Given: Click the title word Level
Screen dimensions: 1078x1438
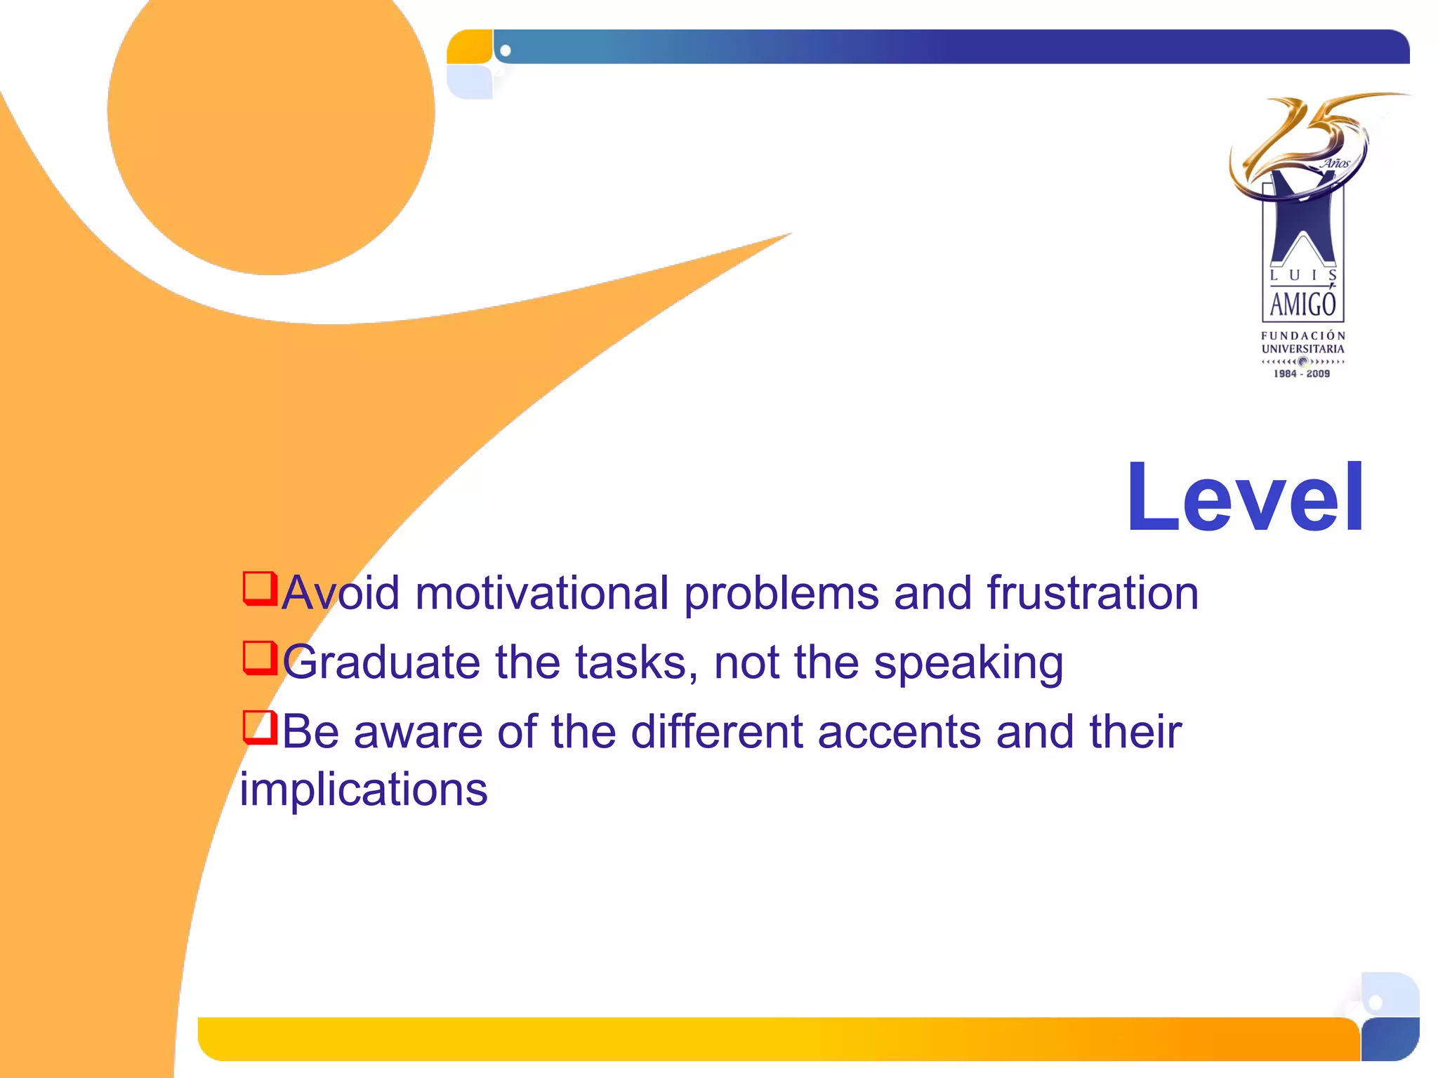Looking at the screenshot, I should pos(1245,498).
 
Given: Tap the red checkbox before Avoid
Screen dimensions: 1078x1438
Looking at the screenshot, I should pos(259,588).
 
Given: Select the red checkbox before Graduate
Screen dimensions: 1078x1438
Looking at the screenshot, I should pos(259,658).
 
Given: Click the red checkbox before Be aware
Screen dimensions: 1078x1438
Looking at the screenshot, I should pos(259,727).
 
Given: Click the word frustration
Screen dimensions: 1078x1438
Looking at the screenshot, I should pos(1093,593).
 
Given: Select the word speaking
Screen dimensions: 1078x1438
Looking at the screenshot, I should pos(968,663).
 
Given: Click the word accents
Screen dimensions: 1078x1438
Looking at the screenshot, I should pos(899,732).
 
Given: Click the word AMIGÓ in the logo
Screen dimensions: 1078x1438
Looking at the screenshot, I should pos(1302,305).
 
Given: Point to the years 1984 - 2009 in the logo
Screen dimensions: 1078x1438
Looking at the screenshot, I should pos(1302,374).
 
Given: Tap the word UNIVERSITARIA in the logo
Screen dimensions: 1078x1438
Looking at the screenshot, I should pos(1302,349).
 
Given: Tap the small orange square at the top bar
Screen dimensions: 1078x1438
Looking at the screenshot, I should pos(469,47).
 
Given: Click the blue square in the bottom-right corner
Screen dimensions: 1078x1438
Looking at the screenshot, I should pos(1390,1039).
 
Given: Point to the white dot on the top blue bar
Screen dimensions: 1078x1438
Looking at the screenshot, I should pos(506,51).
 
